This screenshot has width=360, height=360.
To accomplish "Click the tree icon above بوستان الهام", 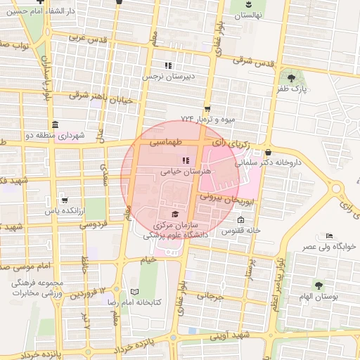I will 319,285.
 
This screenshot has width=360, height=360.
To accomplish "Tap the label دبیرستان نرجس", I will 168,76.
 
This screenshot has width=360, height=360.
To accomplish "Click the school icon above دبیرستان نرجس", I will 168,65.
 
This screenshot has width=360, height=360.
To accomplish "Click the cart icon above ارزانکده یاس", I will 65,200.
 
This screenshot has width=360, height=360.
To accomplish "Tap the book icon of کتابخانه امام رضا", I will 134,291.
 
